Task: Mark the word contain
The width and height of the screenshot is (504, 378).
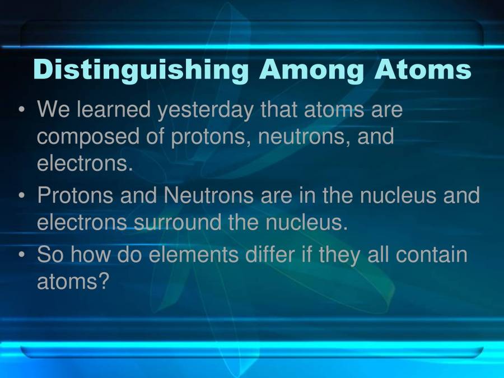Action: click(431, 255)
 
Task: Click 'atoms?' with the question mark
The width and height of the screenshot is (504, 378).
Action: click(72, 282)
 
